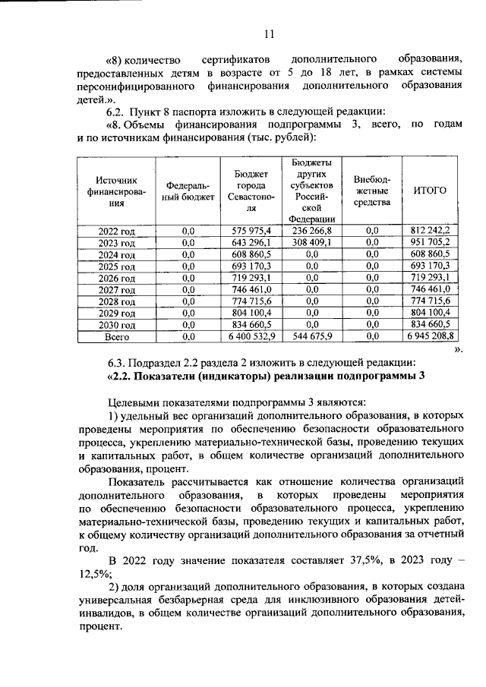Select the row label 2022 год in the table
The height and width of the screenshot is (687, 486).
click(116, 230)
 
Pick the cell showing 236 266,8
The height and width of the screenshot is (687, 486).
click(311, 230)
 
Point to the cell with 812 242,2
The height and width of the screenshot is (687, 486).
click(430, 230)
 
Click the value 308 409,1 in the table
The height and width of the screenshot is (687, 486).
click(311, 243)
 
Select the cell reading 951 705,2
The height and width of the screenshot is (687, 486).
click(430, 243)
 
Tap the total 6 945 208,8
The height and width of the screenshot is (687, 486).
click(430, 335)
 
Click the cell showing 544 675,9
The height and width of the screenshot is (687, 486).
click(311, 335)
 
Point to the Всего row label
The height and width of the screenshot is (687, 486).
click(116, 335)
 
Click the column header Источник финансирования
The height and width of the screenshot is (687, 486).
click(116, 191)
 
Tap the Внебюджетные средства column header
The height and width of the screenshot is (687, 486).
click(371, 191)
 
